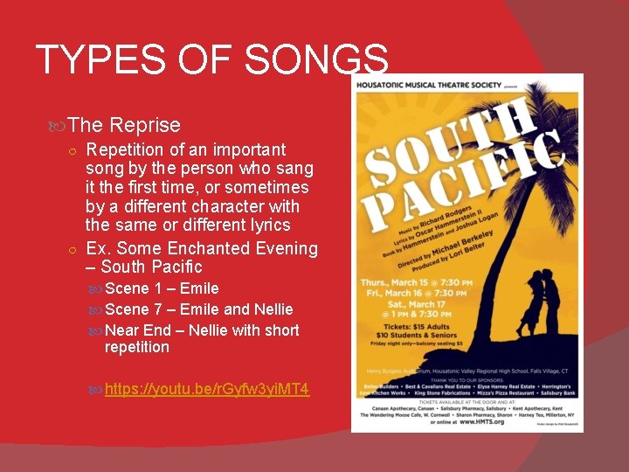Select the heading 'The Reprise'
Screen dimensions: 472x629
click(x=124, y=125)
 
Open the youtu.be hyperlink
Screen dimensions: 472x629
click(x=206, y=388)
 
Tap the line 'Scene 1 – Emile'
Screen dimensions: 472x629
click(x=162, y=288)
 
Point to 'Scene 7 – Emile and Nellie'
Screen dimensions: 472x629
click(x=198, y=309)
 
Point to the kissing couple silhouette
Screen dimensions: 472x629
click(x=542, y=302)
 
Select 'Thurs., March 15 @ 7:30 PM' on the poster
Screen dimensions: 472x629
click(x=418, y=283)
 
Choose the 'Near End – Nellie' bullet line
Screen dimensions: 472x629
click(x=201, y=330)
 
